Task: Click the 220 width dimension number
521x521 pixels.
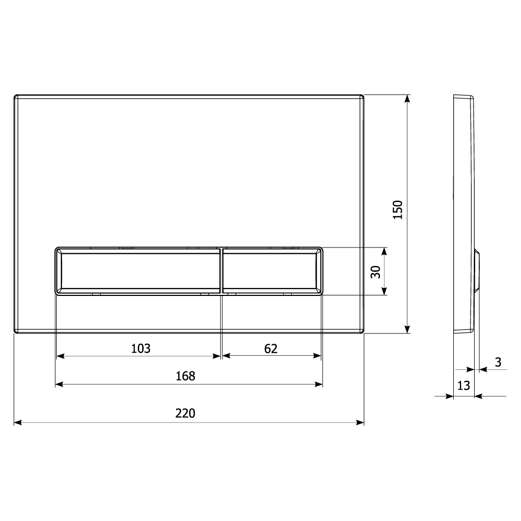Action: tap(185, 413)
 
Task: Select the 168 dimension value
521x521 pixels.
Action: tap(185, 376)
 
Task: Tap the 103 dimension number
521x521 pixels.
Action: tap(141, 349)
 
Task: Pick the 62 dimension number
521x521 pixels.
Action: tap(271, 349)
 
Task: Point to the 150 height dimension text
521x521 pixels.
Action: tap(398, 209)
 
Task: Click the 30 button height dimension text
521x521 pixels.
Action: tap(376, 272)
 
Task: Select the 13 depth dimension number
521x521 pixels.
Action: tap(464, 386)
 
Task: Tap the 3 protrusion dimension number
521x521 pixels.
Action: tap(498, 362)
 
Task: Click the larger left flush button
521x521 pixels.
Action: tap(138, 271)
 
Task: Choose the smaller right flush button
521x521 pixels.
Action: tap(272, 271)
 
